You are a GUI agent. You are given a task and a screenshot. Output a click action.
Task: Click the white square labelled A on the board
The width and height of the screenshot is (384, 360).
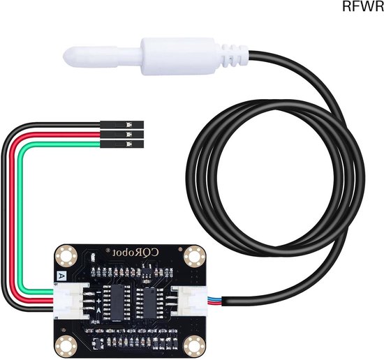pyautogui.click(x=60, y=276)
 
